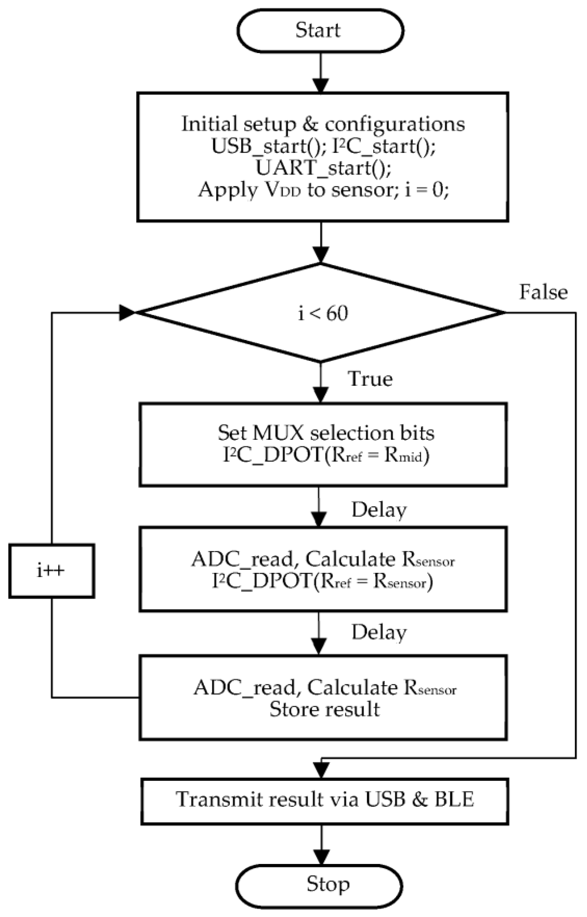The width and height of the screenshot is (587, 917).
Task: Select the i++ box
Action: tap(52, 571)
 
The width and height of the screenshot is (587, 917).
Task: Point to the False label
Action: tap(543, 292)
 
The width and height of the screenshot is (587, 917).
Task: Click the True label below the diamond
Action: tap(370, 379)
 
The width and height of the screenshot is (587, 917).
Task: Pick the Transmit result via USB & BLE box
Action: tap(325, 799)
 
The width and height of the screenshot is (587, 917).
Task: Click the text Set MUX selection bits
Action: tap(326, 433)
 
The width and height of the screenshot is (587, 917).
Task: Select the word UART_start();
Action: tap(323, 168)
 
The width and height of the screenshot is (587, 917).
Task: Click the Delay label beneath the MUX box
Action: tap(379, 510)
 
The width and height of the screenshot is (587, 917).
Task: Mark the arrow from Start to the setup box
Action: tap(321, 72)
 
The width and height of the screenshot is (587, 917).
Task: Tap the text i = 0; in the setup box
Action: tap(427, 190)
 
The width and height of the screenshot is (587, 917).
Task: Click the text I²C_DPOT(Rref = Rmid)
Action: tap(326, 455)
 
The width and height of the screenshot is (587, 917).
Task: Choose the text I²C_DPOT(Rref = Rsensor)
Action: tap(322, 582)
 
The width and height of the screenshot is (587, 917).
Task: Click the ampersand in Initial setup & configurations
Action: tap(310, 124)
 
